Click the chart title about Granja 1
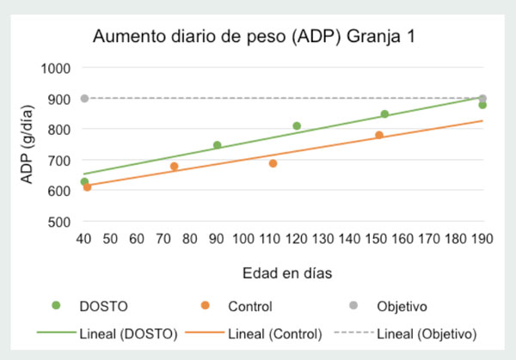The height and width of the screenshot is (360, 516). (254, 36)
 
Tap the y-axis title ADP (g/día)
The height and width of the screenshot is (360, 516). (27, 144)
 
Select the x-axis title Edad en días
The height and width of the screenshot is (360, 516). (287, 273)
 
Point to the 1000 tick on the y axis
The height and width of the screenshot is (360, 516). (56, 69)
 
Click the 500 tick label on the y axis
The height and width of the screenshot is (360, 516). (59, 223)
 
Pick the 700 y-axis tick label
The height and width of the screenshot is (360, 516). (59, 161)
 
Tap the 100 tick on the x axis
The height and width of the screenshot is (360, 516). (243, 239)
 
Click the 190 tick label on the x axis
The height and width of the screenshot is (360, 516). (482, 239)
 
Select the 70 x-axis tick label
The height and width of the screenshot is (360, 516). (163, 239)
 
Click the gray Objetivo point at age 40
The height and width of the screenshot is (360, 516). (84, 98)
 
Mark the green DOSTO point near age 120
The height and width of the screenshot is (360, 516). (297, 126)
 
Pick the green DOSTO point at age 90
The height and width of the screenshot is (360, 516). (218, 145)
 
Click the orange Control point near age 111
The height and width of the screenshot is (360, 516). (273, 163)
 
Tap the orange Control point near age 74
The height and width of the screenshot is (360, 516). (175, 167)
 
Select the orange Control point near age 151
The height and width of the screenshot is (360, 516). (379, 135)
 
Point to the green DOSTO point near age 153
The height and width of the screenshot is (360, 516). (384, 114)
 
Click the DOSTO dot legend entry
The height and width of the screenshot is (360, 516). (89, 306)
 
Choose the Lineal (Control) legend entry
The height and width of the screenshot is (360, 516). (254, 334)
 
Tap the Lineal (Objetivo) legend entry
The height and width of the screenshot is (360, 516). (405, 334)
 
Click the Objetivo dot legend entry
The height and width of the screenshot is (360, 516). (388, 306)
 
